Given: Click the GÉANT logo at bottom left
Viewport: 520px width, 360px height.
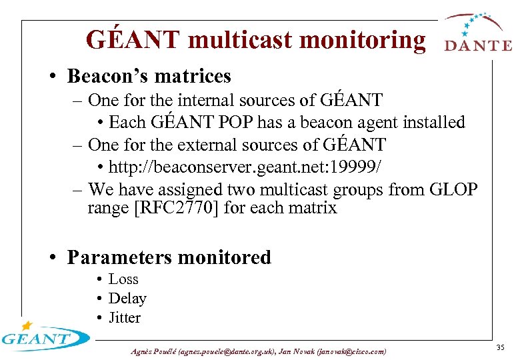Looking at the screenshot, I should pyautogui.click(x=43, y=337).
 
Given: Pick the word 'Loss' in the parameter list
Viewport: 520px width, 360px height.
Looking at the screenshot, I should pyautogui.click(x=123, y=279).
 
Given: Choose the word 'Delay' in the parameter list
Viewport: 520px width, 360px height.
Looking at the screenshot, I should pyautogui.click(x=127, y=299).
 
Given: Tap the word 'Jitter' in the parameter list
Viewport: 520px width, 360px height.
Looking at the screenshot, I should pyautogui.click(x=125, y=318).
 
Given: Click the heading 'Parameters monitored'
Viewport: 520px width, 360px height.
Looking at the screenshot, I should pyautogui.click(x=169, y=257).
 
